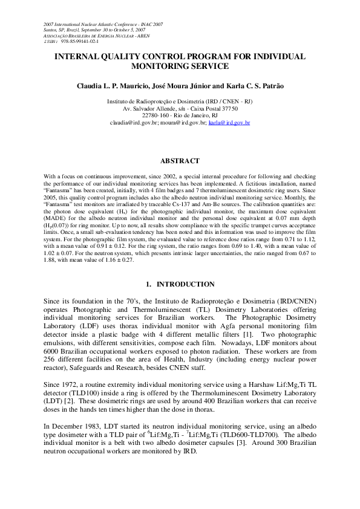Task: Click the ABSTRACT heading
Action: click(x=180, y=161)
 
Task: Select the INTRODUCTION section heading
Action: click(x=185, y=284)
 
